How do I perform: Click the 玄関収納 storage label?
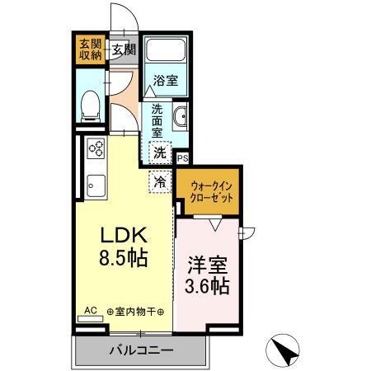90,49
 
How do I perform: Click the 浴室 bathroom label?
166,81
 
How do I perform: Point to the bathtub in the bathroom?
166,53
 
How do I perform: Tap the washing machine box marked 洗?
160,152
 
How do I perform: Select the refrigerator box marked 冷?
160,180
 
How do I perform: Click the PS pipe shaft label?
182,158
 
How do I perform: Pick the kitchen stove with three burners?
96,149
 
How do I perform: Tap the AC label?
91,311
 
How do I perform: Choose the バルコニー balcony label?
141,350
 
